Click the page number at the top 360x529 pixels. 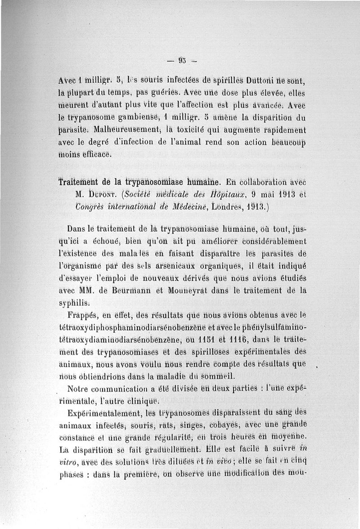(x=182, y=60)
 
